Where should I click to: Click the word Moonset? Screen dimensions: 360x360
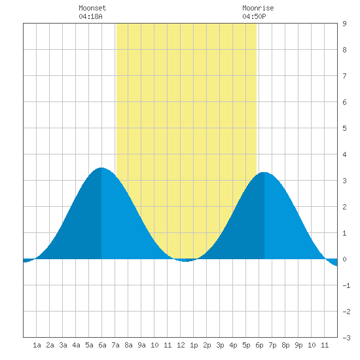tap(92, 8)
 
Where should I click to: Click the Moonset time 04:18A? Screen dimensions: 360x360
tap(90, 16)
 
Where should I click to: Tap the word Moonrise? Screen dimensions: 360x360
tap(258, 8)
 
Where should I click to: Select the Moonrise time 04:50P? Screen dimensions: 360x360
tap(254, 16)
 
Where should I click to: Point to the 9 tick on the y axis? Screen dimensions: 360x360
tap(344, 24)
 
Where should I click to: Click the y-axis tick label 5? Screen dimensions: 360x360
tap(344, 128)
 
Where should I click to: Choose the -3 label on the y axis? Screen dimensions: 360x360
tap(346, 338)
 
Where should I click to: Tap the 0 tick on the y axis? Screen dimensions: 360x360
tap(344, 259)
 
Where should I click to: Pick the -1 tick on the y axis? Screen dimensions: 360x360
tap(346, 285)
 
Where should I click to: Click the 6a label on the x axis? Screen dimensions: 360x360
tap(102, 345)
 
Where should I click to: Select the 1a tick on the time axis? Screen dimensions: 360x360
tap(37, 345)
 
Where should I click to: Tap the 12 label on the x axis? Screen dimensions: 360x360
tap(181, 345)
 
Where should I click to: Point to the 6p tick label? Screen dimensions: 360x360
tap(259, 345)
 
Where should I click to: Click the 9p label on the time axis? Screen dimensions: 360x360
tap(298, 345)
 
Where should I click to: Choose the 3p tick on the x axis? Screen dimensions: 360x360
tap(220, 345)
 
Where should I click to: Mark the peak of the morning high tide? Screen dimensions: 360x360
tap(101, 168)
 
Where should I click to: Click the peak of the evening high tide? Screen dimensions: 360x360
tap(264, 172)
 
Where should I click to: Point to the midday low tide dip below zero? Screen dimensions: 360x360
tap(186, 261)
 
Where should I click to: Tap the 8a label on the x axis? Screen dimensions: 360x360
tap(128, 345)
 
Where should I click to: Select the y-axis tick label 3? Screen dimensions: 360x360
tap(344, 181)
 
